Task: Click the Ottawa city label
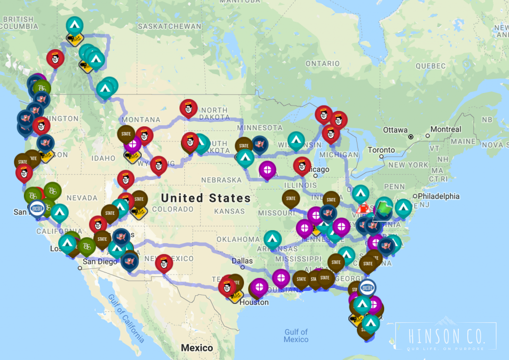click(395, 130)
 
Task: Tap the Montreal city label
click(446, 129)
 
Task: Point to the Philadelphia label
click(439, 196)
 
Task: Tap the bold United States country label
click(206, 198)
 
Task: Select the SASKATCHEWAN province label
click(170, 26)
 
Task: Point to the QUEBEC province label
click(430, 66)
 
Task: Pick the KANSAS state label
click(229, 211)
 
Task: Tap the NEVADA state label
click(82, 198)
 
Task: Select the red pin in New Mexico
click(164, 264)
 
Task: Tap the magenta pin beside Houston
click(259, 286)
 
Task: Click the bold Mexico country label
click(197, 348)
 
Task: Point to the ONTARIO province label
click(323, 63)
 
